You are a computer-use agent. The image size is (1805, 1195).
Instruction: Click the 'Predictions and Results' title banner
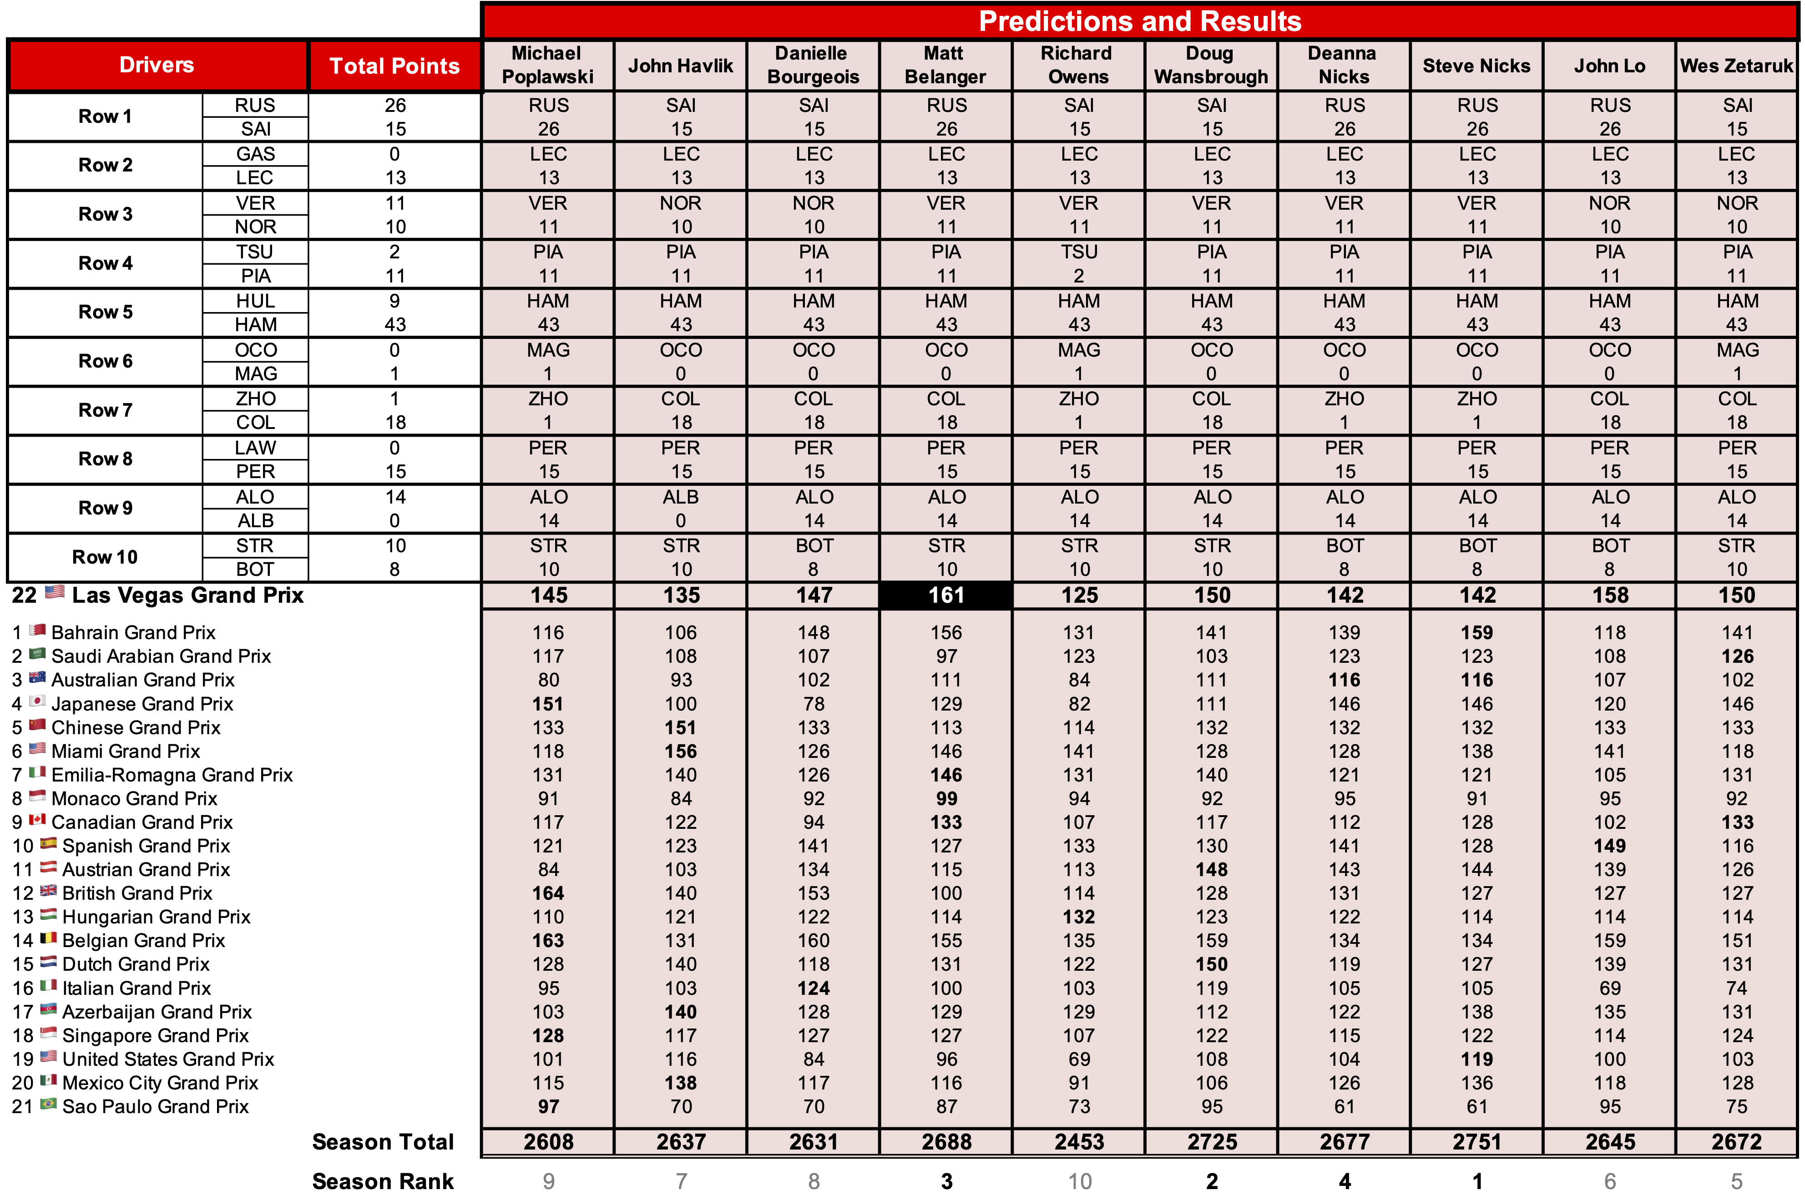[x=1140, y=21]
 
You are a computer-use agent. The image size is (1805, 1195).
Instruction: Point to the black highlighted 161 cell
[x=946, y=595]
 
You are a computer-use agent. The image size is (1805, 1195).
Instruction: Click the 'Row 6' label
[x=105, y=361]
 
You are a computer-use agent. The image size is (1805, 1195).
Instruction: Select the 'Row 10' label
[x=105, y=557]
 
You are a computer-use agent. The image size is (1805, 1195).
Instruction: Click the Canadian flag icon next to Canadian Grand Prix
[x=37, y=820]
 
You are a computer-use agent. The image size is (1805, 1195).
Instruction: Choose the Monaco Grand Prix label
[x=134, y=799]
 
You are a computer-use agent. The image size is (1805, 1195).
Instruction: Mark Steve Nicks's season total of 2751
[x=1476, y=1142]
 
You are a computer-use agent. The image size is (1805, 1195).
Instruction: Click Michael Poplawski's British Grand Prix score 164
[x=548, y=893]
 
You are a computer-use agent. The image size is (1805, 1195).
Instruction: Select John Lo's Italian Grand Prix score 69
[x=1610, y=988]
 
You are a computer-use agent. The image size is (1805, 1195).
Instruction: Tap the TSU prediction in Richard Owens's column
[x=1078, y=252]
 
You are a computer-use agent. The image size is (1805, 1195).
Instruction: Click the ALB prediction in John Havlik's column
[x=681, y=497]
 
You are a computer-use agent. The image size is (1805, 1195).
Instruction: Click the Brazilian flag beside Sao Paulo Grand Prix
[x=48, y=1104]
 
